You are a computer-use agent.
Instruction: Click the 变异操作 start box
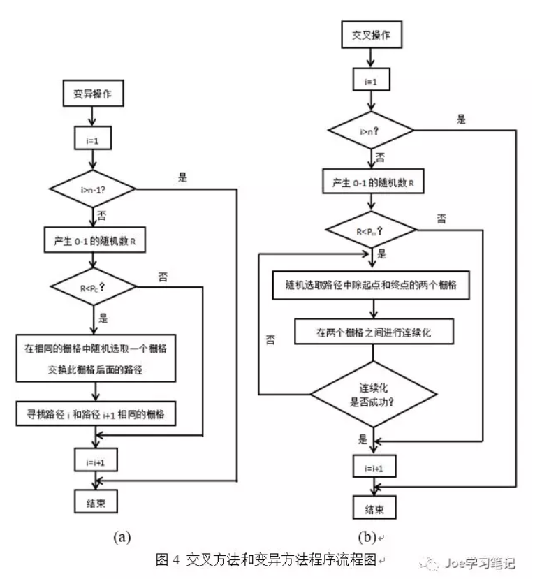point(93,93)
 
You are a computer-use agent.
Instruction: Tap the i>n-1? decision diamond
point(92,189)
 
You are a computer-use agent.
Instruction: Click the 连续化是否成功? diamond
point(372,394)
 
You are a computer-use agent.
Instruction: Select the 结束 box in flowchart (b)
point(372,507)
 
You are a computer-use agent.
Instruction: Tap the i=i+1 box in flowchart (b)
point(372,469)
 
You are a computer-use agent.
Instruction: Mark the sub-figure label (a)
point(122,536)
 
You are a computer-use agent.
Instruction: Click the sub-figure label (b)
point(366,536)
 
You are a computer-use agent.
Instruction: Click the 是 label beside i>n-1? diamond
point(183,177)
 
